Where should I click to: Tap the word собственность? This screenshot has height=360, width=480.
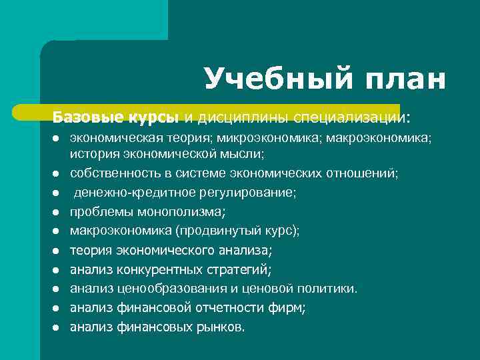tap(111, 173)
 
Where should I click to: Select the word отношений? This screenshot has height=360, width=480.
tap(362, 173)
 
